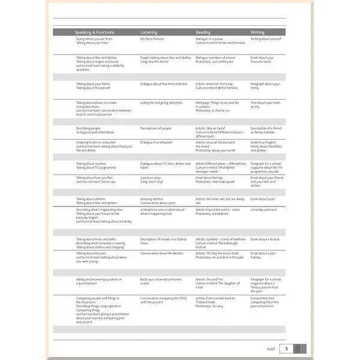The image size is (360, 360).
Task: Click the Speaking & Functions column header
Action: (x=94, y=32)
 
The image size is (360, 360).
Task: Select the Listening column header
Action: (x=149, y=32)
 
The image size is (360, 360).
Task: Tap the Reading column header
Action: (x=203, y=32)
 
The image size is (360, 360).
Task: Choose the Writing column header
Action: (x=257, y=32)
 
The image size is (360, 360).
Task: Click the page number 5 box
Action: (x=287, y=348)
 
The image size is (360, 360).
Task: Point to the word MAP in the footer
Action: (x=271, y=349)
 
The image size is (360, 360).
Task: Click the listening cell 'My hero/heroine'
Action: (x=152, y=39)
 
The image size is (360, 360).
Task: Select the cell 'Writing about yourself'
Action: (x=266, y=39)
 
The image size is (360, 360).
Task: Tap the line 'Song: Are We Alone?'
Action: (x=155, y=61)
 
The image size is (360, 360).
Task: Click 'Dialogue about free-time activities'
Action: (x=164, y=84)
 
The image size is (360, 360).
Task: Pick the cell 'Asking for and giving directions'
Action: (x=161, y=103)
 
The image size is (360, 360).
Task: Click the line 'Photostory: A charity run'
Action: (x=213, y=110)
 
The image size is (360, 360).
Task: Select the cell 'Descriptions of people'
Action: (x=156, y=128)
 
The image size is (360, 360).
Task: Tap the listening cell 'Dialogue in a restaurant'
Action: (x=157, y=142)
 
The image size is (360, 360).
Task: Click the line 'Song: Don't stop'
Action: (x=152, y=181)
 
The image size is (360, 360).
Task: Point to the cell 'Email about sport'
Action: (x=263, y=199)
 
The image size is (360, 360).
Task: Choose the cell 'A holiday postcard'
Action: (x=264, y=209)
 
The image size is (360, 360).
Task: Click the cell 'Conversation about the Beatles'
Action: (x=162, y=253)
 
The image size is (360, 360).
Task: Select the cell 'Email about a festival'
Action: (x=265, y=239)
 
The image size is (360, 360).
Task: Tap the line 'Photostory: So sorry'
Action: (x=209, y=306)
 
